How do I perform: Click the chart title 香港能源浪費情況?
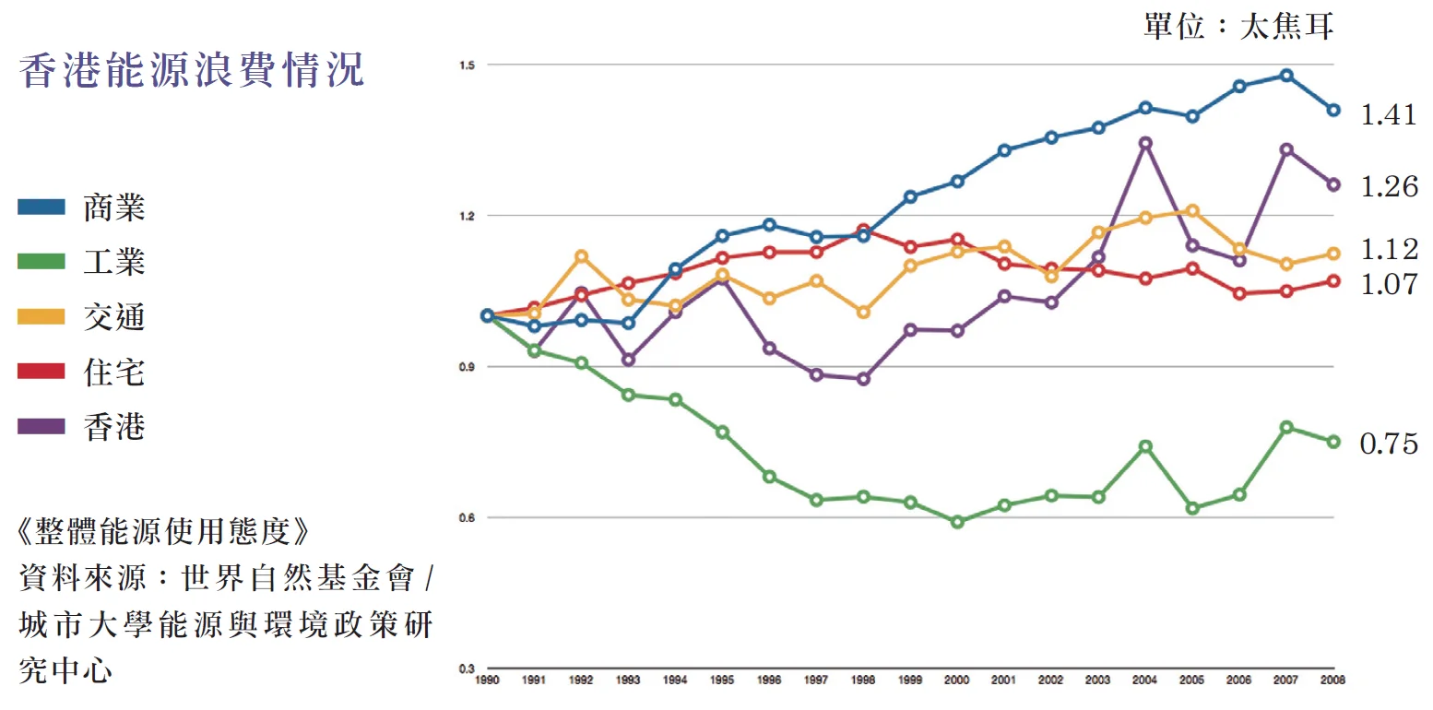click(192, 71)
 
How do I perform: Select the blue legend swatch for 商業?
click(41, 207)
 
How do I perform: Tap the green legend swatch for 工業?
click(41, 262)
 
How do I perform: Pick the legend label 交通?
click(114, 317)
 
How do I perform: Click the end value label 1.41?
click(1389, 115)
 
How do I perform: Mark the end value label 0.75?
click(1389, 444)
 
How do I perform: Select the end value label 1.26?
click(1389, 186)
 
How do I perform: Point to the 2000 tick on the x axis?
click(957, 680)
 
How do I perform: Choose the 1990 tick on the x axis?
click(488, 680)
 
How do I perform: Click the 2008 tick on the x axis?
click(1332, 680)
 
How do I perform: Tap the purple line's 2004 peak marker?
click(1145, 143)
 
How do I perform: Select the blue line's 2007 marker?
click(1286, 76)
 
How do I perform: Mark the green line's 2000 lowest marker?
click(957, 522)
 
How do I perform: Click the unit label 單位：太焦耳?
click(1238, 27)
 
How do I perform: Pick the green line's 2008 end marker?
click(1332, 442)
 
